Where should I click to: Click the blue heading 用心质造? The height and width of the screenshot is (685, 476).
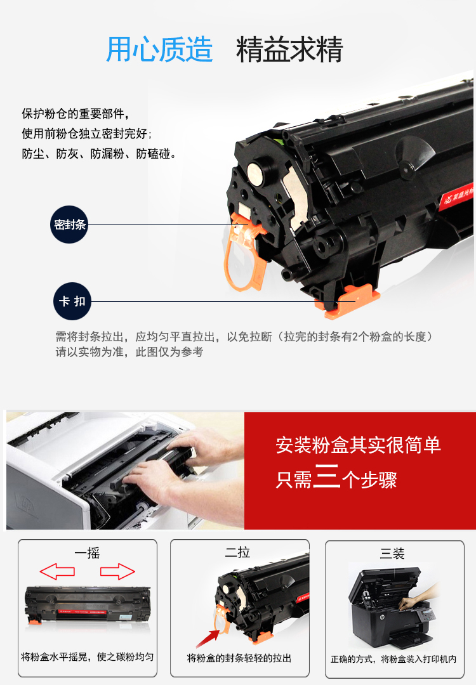click(159, 49)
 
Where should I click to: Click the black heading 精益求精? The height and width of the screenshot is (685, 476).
click(289, 49)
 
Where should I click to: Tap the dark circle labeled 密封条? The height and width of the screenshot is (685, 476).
click(69, 225)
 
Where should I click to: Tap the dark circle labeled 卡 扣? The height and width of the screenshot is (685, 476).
click(72, 301)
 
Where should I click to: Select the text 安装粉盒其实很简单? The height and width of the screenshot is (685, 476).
click(358, 445)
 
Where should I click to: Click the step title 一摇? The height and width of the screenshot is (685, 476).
click(87, 553)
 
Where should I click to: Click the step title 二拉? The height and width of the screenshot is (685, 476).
click(237, 552)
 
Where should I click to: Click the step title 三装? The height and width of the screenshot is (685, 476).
click(392, 554)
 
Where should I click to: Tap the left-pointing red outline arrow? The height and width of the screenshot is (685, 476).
click(57, 571)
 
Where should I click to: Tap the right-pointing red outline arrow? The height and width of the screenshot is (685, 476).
click(117, 571)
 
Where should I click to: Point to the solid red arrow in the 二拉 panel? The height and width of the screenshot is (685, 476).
click(208, 639)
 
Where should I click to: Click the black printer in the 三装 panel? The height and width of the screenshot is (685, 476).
click(390, 607)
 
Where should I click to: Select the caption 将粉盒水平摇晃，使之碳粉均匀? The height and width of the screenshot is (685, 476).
click(88, 656)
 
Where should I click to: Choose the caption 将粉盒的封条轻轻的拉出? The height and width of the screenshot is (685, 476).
click(239, 658)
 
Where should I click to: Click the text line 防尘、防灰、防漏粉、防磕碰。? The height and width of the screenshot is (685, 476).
click(100, 153)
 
